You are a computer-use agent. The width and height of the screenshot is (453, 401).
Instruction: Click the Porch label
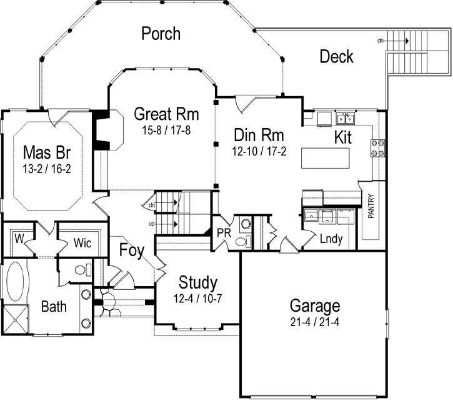coord(161,32)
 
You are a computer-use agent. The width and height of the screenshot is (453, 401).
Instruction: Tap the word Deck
coord(336,57)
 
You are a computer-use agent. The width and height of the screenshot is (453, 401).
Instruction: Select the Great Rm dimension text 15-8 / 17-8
coord(166,130)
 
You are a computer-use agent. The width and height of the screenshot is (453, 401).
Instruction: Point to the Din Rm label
coord(259,135)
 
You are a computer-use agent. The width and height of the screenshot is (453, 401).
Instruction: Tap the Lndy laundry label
coord(331,239)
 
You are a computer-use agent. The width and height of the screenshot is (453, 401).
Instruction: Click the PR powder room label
coord(224,232)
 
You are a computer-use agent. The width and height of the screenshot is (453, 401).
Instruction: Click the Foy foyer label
coord(132,250)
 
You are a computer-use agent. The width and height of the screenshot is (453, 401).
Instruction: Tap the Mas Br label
coord(45,152)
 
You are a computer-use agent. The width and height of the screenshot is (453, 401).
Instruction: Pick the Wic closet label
coord(82,243)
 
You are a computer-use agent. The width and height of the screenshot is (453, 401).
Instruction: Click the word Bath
coord(54,307)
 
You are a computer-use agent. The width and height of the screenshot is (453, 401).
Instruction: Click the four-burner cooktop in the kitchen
coord(378,147)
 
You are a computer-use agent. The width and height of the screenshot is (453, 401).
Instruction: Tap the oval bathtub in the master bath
coord(17,282)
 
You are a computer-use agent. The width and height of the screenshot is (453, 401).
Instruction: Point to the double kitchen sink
coord(344,119)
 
